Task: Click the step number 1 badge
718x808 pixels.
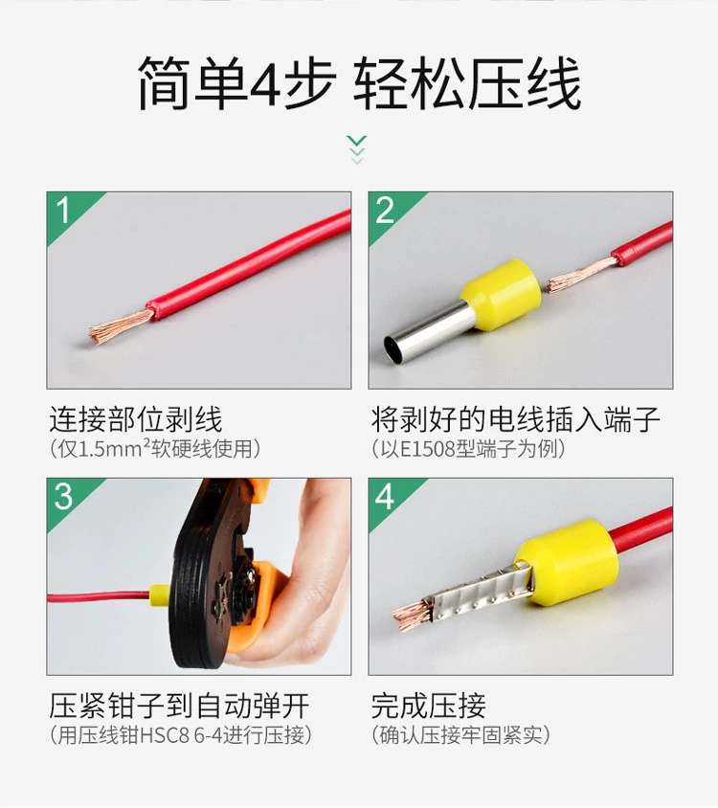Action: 63,211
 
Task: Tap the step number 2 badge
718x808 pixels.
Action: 385,211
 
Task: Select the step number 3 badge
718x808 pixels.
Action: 63,496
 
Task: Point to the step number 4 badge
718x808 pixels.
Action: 385,496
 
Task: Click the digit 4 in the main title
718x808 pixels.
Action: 265,83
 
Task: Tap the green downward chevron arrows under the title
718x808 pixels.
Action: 357,149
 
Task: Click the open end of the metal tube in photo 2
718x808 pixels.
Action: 392,348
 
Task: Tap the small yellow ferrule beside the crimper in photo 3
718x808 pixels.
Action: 160,596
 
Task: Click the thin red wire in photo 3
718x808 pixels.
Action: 98,597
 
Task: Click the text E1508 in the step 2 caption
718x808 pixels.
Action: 427,449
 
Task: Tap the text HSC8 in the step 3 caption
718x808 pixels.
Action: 165,735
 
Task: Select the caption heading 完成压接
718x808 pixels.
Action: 428,706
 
